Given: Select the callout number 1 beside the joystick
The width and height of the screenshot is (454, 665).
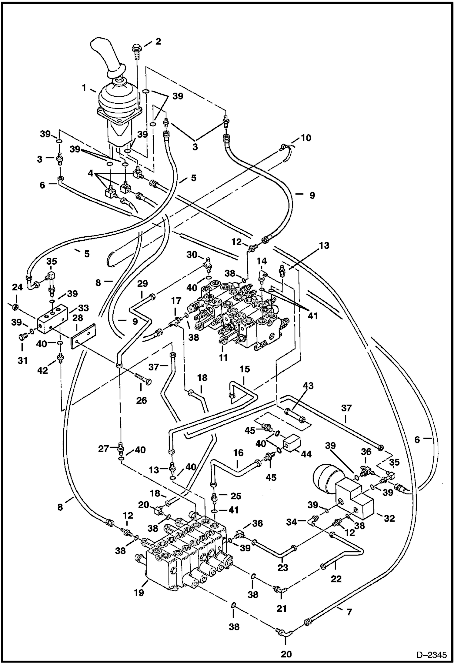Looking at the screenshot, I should pyautogui.click(x=84, y=88).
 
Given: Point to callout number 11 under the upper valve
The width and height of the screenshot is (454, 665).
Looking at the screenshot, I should pyautogui.click(x=223, y=358).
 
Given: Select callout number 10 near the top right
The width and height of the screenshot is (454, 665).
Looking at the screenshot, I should pyautogui.click(x=306, y=138).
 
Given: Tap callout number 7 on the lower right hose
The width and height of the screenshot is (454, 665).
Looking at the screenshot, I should pyautogui.click(x=349, y=612).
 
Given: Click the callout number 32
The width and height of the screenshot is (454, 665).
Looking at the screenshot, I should pyautogui.click(x=389, y=518).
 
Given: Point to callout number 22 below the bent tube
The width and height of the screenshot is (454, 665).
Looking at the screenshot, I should pyautogui.click(x=336, y=579).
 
